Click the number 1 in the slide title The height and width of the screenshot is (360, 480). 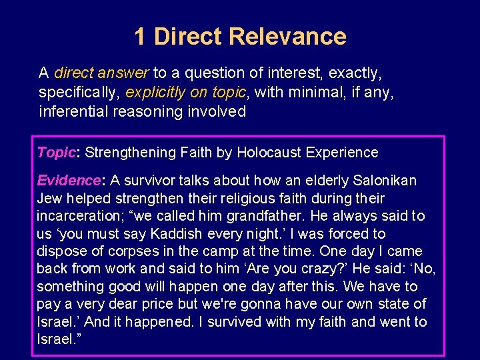pyautogui.click(x=139, y=37)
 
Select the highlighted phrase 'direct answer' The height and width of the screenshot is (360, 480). pyautogui.click(x=102, y=72)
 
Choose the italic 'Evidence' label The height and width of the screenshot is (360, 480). pyautogui.click(x=67, y=181)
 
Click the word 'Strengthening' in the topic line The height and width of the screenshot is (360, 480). pyautogui.click(x=131, y=153)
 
